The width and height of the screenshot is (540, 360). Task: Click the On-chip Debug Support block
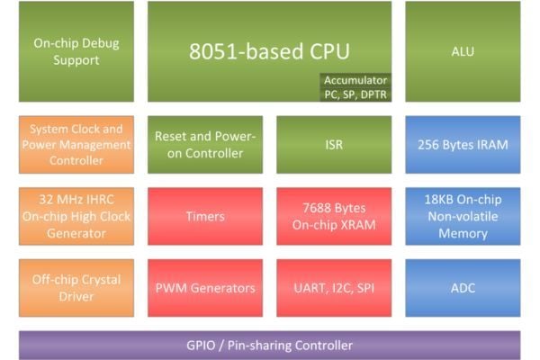coord(76,51)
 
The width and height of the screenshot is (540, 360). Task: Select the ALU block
coord(463,51)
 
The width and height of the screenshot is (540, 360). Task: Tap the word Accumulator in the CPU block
coord(355,80)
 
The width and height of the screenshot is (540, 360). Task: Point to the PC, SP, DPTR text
coord(355,94)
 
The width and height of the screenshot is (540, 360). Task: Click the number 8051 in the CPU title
coord(212,51)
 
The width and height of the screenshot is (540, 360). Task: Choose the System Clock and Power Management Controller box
coord(76,145)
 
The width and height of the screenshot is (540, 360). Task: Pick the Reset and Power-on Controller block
coord(205,145)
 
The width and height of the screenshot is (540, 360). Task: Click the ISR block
coord(334,145)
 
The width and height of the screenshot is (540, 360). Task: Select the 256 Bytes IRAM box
coord(463,145)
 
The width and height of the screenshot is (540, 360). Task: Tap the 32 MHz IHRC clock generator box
coord(76,216)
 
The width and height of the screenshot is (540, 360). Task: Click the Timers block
coord(205,216)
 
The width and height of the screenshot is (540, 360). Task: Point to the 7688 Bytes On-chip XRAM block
coord(334,216)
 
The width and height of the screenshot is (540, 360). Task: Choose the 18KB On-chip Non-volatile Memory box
coord(463,216)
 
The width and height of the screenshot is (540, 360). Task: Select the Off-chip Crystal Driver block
coord(76,288)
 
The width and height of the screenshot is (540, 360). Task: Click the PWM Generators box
coord(205,288)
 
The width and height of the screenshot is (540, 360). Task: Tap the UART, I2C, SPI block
coord(334,288)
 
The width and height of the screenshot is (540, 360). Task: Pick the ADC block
coord(463,288)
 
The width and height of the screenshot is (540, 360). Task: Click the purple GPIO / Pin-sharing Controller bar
coord(270,346)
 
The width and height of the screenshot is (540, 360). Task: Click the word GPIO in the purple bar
coord(201,346)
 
